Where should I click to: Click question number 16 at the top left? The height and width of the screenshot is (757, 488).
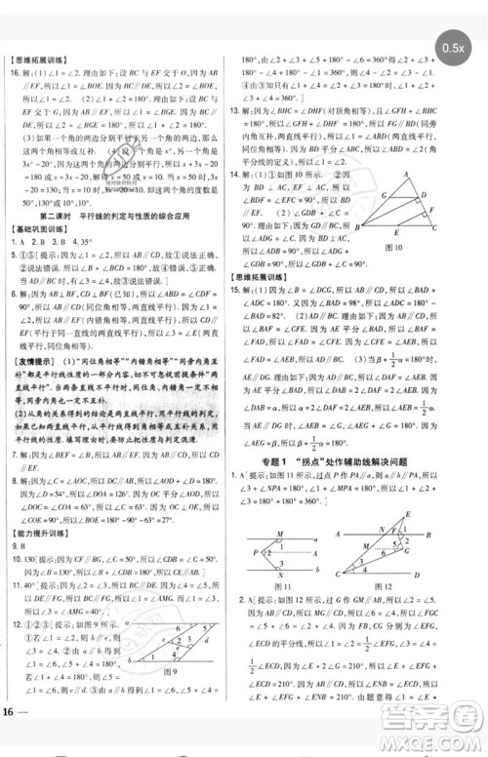(x=17, y=74)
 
